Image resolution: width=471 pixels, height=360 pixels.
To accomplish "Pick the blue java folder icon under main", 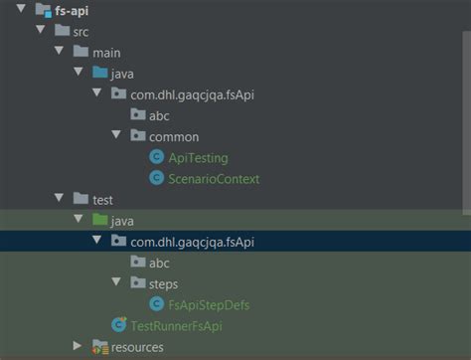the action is pos(99,73).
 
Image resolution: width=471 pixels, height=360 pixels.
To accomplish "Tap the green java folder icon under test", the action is pos(99,220).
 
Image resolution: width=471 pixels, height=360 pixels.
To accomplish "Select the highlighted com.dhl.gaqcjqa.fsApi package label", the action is pos(199,241).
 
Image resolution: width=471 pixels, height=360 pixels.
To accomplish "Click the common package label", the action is pos(174,136).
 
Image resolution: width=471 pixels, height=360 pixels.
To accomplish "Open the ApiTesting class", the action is pos(199,157).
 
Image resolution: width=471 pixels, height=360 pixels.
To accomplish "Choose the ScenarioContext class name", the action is pos(215,178).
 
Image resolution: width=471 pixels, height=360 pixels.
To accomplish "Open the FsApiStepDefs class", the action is pos(211,304).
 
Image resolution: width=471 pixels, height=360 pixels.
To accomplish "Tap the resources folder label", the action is pos(137,346).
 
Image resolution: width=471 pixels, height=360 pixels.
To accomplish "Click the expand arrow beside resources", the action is pos(78,346).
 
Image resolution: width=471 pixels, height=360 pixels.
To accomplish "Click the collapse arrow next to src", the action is pos(40,31).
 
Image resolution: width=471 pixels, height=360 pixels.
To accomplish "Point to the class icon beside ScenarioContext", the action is pos(156,178).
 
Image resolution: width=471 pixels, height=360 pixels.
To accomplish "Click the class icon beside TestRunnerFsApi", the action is pos(120,325).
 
